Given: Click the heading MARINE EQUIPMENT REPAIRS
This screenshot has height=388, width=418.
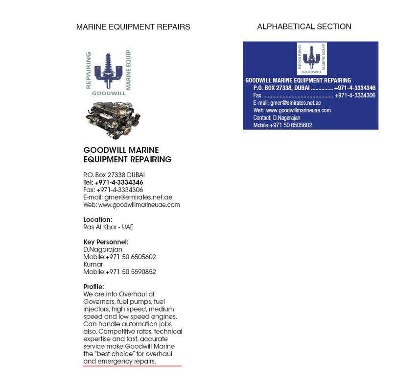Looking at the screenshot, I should click(x=133, y=27).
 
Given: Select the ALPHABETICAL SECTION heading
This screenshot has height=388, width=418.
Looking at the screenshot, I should click(x=304, y=26).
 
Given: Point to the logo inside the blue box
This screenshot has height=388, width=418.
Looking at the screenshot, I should click(x=311, y=58).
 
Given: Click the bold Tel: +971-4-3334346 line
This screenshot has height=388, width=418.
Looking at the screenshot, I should click(x=113, y=182).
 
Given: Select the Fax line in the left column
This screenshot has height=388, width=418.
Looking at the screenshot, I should click(x=113, y=190).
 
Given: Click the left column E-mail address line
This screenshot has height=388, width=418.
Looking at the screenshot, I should click(x=128, y=197).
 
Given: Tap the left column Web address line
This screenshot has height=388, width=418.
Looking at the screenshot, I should click(x=131, y=205).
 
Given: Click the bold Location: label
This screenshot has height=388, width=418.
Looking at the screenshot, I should click(x=97, y=219).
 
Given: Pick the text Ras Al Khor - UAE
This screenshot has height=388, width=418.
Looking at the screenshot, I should click(x=108, y=227).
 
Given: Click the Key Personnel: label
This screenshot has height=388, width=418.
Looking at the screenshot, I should click(x=106, y=242).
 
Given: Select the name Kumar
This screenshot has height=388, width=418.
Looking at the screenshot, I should click(x=93, y=265).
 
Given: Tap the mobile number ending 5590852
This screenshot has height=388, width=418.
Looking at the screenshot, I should click(x=119, y=272).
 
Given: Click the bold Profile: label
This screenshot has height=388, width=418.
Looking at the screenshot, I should click(x=93, y=287).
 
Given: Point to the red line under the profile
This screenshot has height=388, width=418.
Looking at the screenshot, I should click(x=132, y=365).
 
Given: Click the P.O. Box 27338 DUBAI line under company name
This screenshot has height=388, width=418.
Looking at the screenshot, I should click(x=114, y=175).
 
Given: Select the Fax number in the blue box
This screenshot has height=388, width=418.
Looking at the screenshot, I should click(x=354, y=96).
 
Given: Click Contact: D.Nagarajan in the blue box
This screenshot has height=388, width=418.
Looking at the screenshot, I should click(x=277, y=118).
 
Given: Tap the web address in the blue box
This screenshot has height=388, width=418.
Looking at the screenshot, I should click(x=292, y=110).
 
